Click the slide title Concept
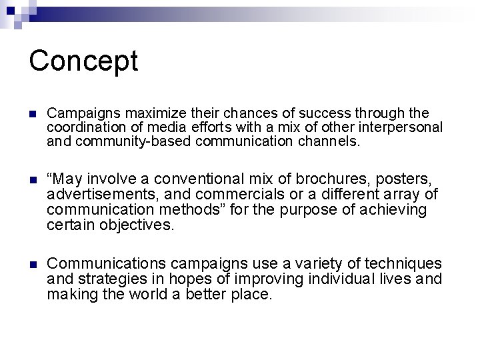point(83,61)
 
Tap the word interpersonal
point(405,127)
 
